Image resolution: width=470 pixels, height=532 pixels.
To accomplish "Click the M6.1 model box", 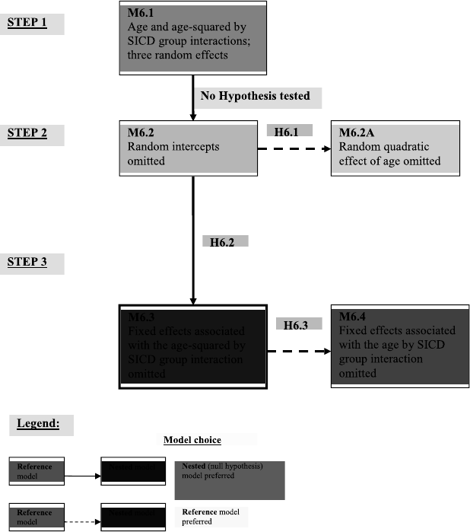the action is [x=192, y=40].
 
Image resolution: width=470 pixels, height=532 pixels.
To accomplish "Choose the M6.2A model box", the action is [x=395, y=148].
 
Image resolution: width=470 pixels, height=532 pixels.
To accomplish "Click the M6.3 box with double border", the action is [x=192, y=347].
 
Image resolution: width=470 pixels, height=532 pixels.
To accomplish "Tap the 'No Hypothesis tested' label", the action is [x=256, y=97].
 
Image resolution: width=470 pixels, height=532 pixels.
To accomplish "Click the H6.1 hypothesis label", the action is [x=290, y=131].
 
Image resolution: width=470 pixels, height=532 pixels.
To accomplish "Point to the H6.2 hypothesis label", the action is [x=224, y=242].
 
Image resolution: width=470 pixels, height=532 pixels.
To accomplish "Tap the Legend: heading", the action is [x=39, y=424].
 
